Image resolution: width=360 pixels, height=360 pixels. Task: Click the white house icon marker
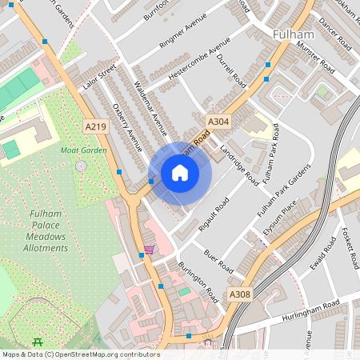pos(180,173)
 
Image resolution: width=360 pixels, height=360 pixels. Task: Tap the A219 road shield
pos(95,126)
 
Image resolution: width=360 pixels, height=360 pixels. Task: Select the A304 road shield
pos(218,122)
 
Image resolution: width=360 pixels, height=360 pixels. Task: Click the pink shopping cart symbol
pos(149,250)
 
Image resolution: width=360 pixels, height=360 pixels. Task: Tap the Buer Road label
pos(217,260)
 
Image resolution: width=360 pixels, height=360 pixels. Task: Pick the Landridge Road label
pos(239,163)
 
